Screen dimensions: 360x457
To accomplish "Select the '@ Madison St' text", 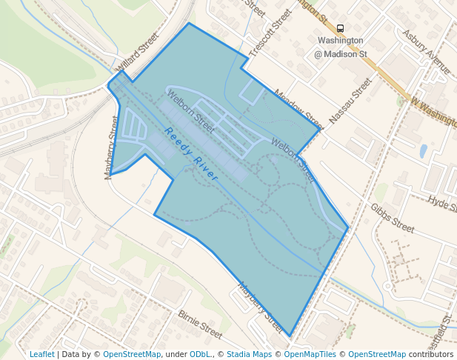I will pyautogui.click(x=340, y=54).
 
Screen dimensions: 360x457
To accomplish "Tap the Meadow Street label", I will pyautogui.click(x=298, y=108).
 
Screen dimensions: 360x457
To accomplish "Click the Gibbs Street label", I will pyautogui.click(x=393, y=216).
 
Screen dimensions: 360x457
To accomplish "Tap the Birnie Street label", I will pyautogui.click(x=199, y=320).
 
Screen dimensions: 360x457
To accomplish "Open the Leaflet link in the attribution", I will pyautogui.click(x=41, y=354).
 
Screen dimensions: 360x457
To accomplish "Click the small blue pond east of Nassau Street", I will pyautogui.click(x=423, y=151).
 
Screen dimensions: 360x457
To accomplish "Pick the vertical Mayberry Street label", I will pyautogui.click(x=112, y=147).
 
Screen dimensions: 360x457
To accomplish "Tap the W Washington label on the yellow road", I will pyautogui.click(x=434, y=110).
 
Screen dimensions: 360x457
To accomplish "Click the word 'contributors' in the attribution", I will pyautogui.click(x=430, y=354).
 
